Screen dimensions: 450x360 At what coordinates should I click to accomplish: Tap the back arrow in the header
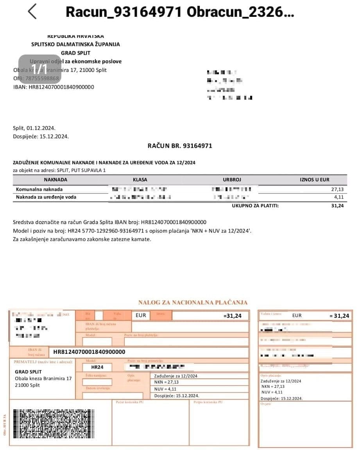pos(32,12)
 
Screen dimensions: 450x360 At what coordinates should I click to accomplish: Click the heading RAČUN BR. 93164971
pos(180,146)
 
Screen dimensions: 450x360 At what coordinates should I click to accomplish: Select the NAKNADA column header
pos(56,180)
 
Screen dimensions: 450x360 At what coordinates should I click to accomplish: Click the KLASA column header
pos(140,180)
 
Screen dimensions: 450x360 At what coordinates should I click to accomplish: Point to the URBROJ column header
pos(232,180)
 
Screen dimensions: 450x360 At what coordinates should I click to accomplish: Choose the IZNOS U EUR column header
pos(314,180)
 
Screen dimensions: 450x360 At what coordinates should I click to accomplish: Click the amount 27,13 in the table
pos(337,189)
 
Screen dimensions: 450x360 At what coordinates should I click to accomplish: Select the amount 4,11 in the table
pos(339,197)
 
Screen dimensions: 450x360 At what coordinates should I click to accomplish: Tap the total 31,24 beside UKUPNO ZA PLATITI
pos(337,206)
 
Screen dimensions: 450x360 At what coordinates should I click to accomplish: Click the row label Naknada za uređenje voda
pos(46,197)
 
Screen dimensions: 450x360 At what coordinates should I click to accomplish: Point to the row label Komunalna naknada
pos(39,189)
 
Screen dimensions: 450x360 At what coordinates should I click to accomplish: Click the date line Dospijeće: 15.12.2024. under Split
pos(41,136)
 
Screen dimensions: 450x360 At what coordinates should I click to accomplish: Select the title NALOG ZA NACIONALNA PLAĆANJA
pos(193,302)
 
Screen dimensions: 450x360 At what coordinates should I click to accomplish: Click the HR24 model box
pos(97,368)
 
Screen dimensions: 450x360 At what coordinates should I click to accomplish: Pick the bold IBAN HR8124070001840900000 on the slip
pos(89,352)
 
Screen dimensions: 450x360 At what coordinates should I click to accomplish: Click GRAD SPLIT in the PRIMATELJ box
pos(28,372)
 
